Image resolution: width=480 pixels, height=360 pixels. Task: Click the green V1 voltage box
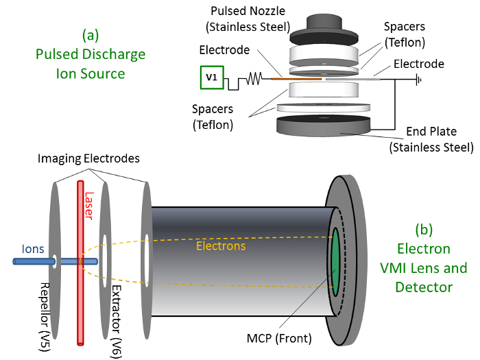tap(211, 78)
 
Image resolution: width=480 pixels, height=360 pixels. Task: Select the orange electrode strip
tap(296, 79)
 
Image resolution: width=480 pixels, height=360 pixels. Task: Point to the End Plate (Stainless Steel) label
tap(430, 140)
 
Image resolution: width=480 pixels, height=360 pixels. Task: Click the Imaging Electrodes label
tap(97, 158)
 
